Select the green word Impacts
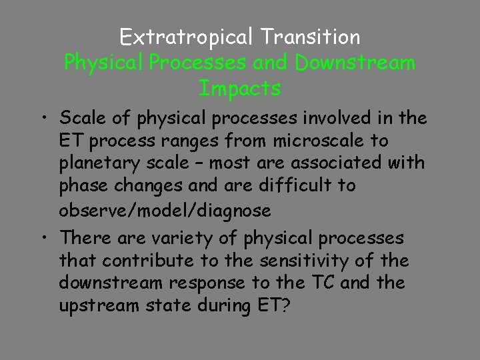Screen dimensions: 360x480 click(x=240, y=87)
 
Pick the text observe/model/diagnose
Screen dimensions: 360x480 click(x=165, y=211)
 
